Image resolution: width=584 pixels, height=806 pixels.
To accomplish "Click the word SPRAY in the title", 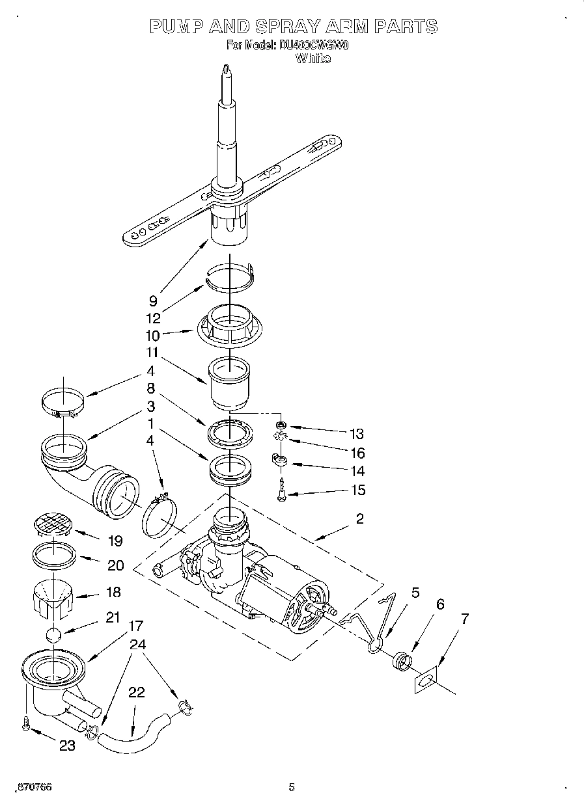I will tap(286, 26).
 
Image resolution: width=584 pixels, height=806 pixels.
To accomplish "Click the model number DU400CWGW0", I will tap(314, 46).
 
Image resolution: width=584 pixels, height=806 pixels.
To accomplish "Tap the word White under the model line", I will tap(313, 59).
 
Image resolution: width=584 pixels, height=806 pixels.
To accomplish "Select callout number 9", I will tap(153, 301).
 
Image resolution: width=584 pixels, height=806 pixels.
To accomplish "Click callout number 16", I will tap(357, 453).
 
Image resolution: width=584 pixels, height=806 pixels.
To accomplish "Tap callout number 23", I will tap(67, 746).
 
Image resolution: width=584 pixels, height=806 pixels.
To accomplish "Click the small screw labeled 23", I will tap(25, 723).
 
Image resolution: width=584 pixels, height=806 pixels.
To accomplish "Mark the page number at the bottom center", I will tap(292, 787).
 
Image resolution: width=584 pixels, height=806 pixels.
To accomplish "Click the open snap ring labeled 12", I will tap(229, 276).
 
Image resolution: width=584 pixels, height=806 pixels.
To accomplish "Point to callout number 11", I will tap(152, 353).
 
